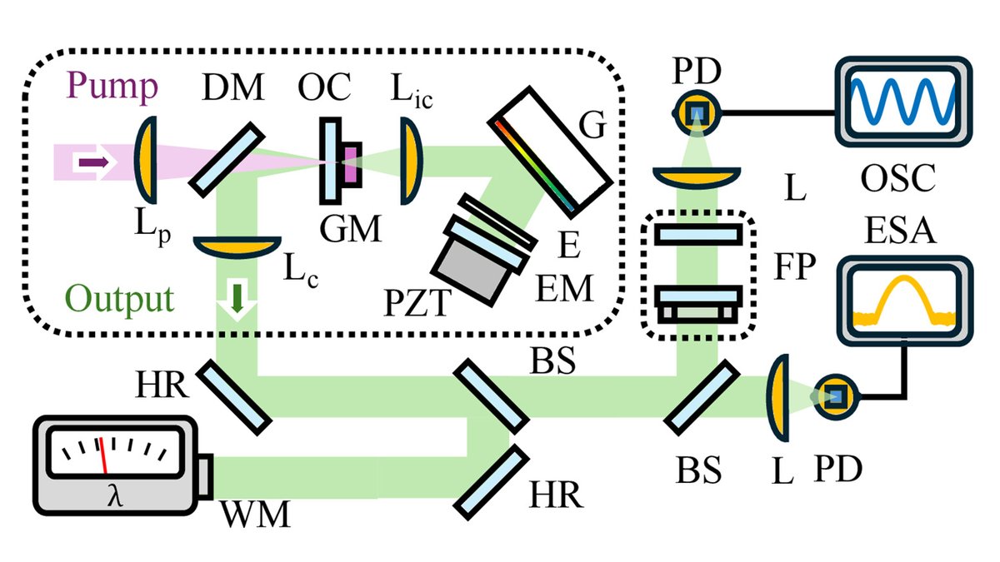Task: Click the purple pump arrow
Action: (94, 162)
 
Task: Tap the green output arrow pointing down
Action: (237, 297)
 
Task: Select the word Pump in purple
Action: (112, 86)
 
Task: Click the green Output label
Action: (119, 298)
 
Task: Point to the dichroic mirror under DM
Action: (227, 160)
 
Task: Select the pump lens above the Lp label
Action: (147, 160)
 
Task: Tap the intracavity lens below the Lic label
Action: (410, 161)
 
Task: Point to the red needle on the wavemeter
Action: (103, 455)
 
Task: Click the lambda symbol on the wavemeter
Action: (115, 496)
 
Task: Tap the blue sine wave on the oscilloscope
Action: (902, 102)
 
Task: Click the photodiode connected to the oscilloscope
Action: (697, 113)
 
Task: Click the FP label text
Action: (795, 266)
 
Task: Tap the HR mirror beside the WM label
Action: (491, 482)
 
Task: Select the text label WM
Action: (256, 515)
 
